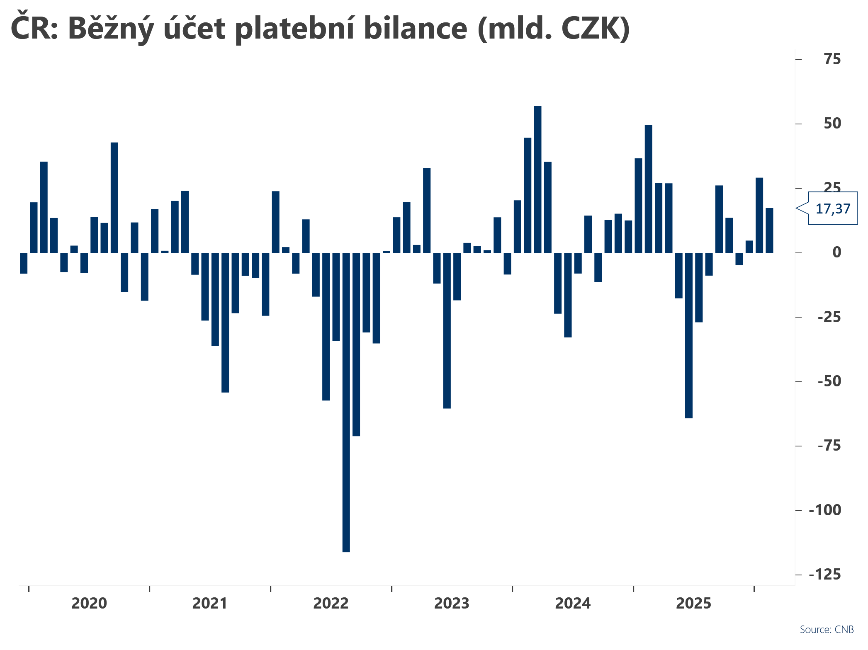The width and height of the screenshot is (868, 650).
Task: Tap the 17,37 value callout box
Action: (x=833, y=208)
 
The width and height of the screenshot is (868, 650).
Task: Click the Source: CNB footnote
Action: (x=827, y=630)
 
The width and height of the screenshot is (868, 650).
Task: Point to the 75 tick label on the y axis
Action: (x=832, y=59)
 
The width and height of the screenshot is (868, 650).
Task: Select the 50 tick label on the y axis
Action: (x=832, y=124)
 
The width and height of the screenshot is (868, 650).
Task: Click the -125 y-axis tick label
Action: (x=825, y=575)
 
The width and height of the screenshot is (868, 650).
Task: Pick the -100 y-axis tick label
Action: (x=825, y=510)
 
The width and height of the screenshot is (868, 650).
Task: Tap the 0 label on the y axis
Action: (x=837, y=252)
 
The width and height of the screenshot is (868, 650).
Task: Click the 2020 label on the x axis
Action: (x=89, y=604)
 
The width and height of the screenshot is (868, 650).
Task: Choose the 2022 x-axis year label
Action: (x=331, y=604)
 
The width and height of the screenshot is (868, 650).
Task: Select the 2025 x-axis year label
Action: (x=694, y=604)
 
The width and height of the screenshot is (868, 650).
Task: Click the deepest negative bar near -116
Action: (x=346, y=402)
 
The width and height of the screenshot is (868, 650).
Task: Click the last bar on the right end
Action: (x=769, y=230)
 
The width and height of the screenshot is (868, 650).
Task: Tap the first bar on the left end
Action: (x=24, y=263)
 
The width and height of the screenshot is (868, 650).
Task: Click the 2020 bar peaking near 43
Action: (x=114, y=197)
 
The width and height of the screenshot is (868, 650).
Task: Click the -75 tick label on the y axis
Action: (x=829, y=446)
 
